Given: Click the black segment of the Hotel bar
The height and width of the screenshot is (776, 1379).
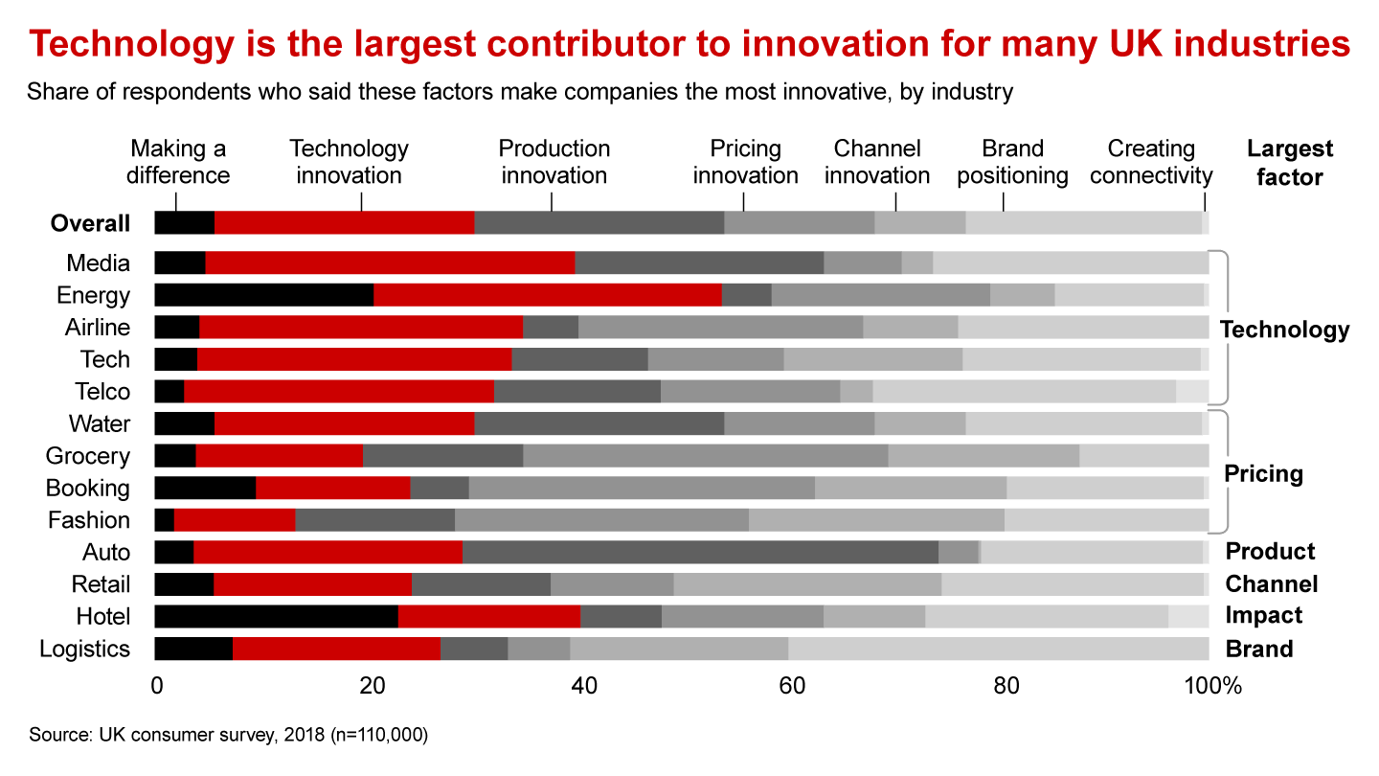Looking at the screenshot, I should [276, 616].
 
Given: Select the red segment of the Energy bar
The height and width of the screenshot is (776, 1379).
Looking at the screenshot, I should [547, 295].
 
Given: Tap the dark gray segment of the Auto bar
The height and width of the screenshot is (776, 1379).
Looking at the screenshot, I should [700, 552].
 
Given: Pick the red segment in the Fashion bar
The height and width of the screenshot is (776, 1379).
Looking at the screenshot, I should [235, 520].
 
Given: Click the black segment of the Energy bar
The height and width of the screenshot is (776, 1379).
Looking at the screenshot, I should [263, 295].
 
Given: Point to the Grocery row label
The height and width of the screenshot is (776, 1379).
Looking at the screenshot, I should [88, 456].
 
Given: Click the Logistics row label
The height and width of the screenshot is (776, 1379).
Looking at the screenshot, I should [84, 649].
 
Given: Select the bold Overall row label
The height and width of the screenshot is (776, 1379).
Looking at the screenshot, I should [90, 223].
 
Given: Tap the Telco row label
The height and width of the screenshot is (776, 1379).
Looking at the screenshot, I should [102, 392].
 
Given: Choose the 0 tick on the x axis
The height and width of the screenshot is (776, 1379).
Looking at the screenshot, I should [156, 686].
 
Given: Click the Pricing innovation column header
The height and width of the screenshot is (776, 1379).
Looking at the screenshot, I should [745, 162].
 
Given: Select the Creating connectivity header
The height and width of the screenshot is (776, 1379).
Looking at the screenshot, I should [1151, 162].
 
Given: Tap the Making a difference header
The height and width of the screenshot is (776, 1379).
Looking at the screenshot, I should [180, 162].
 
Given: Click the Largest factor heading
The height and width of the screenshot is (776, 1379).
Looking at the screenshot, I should [1290, 162].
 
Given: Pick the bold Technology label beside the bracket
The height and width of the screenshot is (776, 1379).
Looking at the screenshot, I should [1284, 330].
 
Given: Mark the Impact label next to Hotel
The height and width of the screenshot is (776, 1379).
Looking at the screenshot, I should [1264, 616].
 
